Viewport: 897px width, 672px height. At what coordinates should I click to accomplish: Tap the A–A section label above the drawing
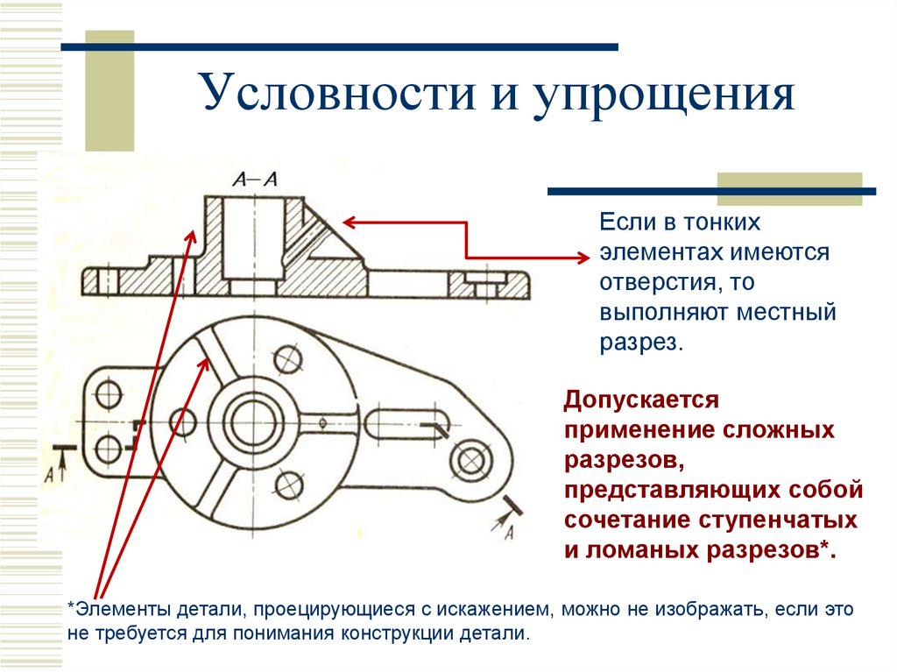pyautogui.click(x=255, y=180)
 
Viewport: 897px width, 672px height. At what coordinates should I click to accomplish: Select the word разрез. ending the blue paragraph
pyautogui.click(x=640, y=342)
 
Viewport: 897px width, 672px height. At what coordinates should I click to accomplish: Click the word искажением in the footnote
pyautogui.click(x=490, y=608)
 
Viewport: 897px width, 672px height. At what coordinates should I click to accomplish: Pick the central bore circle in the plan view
pyautogui.click(x=253, y=420)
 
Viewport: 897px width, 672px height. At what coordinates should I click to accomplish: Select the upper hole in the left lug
pyautogui.click(x=108, y=395)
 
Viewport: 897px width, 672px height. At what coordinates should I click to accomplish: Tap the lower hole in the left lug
pyautogui.click(x=108, y=449)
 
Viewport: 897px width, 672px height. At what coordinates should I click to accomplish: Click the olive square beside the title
pyautogui.click(x=109, y=88)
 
